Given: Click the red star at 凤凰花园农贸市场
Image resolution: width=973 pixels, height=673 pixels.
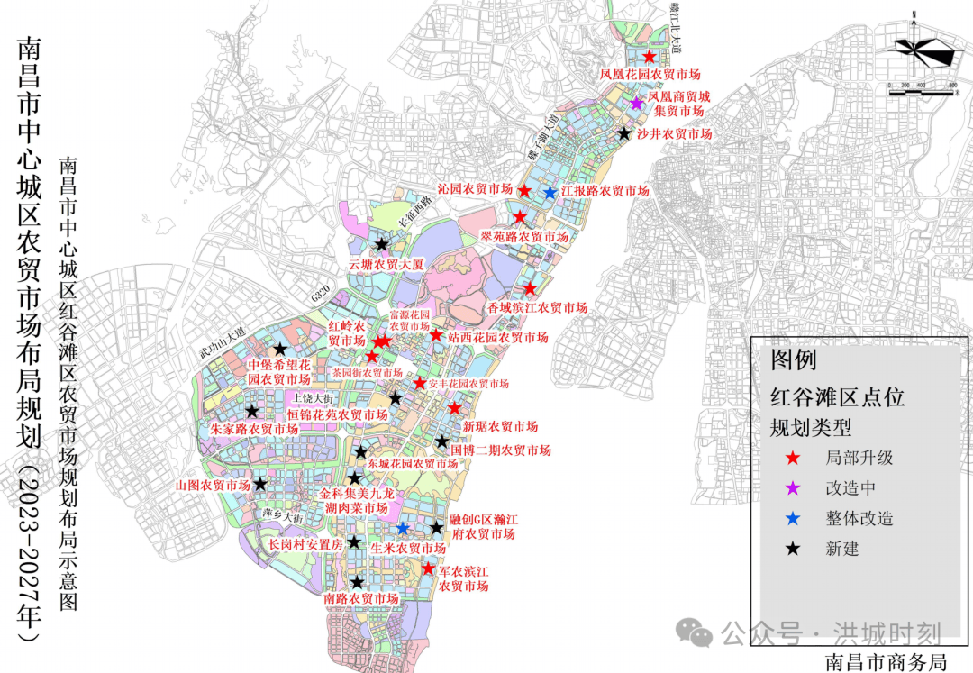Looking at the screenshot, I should [x=649, y=57].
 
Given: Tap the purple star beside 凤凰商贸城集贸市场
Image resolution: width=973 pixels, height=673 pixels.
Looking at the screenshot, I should [x=636, y=103].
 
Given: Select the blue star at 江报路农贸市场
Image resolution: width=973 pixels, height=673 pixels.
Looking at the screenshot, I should [x=550, y=192].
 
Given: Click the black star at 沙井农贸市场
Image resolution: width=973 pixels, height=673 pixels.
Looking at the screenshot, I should [x=623, y=133].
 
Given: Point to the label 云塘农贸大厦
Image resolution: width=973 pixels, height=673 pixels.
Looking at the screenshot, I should [x=386, y=265].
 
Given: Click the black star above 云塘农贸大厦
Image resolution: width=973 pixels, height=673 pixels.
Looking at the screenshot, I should [x=382, y=244].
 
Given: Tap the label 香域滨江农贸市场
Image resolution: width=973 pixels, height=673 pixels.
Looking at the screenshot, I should [x=538, y=308].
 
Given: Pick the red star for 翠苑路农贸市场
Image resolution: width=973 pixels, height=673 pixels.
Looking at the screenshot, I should [x=520, y=218].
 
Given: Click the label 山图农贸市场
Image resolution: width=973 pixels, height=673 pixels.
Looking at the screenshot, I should [x=213, y=486].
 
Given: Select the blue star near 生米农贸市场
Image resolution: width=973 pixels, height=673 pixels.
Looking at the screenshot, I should [x=404, y=528].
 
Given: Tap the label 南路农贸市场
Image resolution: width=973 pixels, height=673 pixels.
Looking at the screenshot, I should [x=361, y=599].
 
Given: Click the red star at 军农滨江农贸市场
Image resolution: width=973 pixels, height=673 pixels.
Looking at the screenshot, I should [x=429, y=568].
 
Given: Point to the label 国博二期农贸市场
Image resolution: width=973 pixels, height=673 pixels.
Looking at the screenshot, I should [x=501, y=450].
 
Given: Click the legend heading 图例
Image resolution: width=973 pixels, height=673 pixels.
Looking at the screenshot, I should [x=794, y=360].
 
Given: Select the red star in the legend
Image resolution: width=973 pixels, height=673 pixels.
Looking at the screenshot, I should [x=793, y=458].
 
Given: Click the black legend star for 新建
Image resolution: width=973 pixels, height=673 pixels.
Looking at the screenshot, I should [x=793, y=549].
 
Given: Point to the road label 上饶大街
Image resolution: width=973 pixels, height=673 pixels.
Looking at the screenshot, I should [x=314, y=397].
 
